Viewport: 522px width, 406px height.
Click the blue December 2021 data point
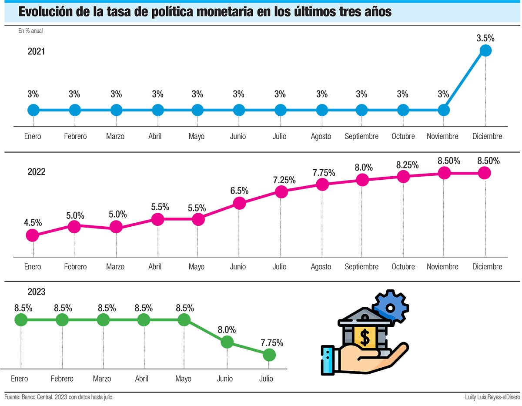[485, 50]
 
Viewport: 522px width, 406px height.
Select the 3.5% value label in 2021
[485, 38]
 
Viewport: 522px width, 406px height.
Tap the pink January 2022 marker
[32, 235]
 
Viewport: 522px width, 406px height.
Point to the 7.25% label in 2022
[284, 180]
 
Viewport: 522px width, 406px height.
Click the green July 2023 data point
[269, 355]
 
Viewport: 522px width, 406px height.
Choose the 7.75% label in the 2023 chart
[272, 342]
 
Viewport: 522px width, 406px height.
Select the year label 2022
[37, 171]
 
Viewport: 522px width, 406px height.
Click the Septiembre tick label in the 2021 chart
[361, 136]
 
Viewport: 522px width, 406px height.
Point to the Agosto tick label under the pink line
[321, 267]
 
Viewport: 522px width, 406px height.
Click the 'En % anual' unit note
[30, 31]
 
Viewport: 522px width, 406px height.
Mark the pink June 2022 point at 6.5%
[239, 202]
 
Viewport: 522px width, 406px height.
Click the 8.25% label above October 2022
[407, 165]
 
